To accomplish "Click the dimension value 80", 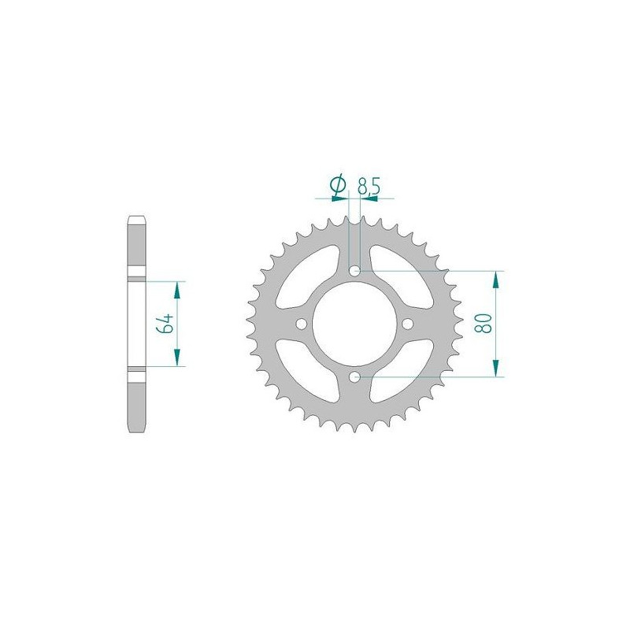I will [484, 324].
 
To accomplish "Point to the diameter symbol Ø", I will [337, 186].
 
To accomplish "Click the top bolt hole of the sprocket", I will [355, 272].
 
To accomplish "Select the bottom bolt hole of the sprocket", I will [355, 376].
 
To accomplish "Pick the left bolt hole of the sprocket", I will [302, 324].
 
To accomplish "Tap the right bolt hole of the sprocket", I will [407, 324].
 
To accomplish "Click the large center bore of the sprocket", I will [355, 324].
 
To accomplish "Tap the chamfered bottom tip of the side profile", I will [135, 427].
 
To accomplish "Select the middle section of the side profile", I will [135, 323].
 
